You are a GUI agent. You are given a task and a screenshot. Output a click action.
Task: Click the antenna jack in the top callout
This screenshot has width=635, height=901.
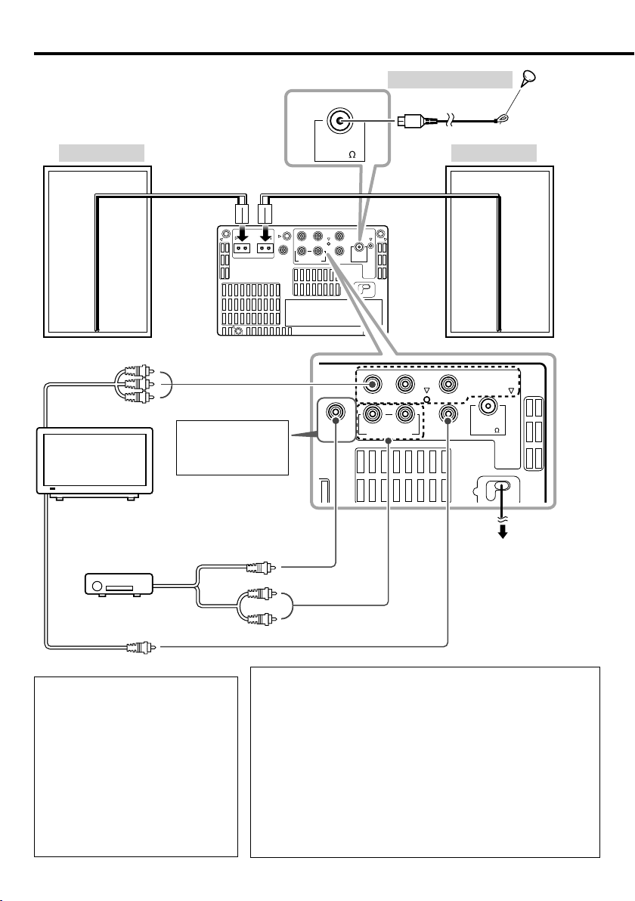[x=339, y=121]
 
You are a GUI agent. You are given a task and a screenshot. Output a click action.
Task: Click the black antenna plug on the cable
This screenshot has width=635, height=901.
[x=410, y=121]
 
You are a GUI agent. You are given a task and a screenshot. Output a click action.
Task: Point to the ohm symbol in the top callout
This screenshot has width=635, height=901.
[x=352, y=154]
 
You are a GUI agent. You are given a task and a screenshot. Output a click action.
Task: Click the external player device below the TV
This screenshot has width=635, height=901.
[x=119, y=585]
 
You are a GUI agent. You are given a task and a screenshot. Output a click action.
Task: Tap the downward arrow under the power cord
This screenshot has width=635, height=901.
[x=503, y=532]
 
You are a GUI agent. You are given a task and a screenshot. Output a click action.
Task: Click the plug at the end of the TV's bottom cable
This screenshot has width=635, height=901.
[x=141, y=647]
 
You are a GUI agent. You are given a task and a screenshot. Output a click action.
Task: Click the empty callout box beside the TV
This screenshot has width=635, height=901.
[x=232, y=447]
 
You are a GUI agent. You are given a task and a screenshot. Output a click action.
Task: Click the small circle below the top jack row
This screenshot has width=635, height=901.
[x=427, y=399]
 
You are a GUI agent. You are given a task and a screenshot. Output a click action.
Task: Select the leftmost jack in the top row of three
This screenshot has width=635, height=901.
[x=373, y=383]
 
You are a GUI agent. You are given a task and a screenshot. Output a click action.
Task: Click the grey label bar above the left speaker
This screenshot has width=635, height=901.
[x=102, y=153]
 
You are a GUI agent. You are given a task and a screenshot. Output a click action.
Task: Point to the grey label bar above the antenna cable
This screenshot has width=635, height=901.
[x=450, y=79]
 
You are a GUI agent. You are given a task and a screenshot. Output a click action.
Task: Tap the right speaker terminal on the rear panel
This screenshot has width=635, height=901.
[x=265, y=249]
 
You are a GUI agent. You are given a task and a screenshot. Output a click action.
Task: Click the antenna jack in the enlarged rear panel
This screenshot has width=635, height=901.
[x=488, y=407]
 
